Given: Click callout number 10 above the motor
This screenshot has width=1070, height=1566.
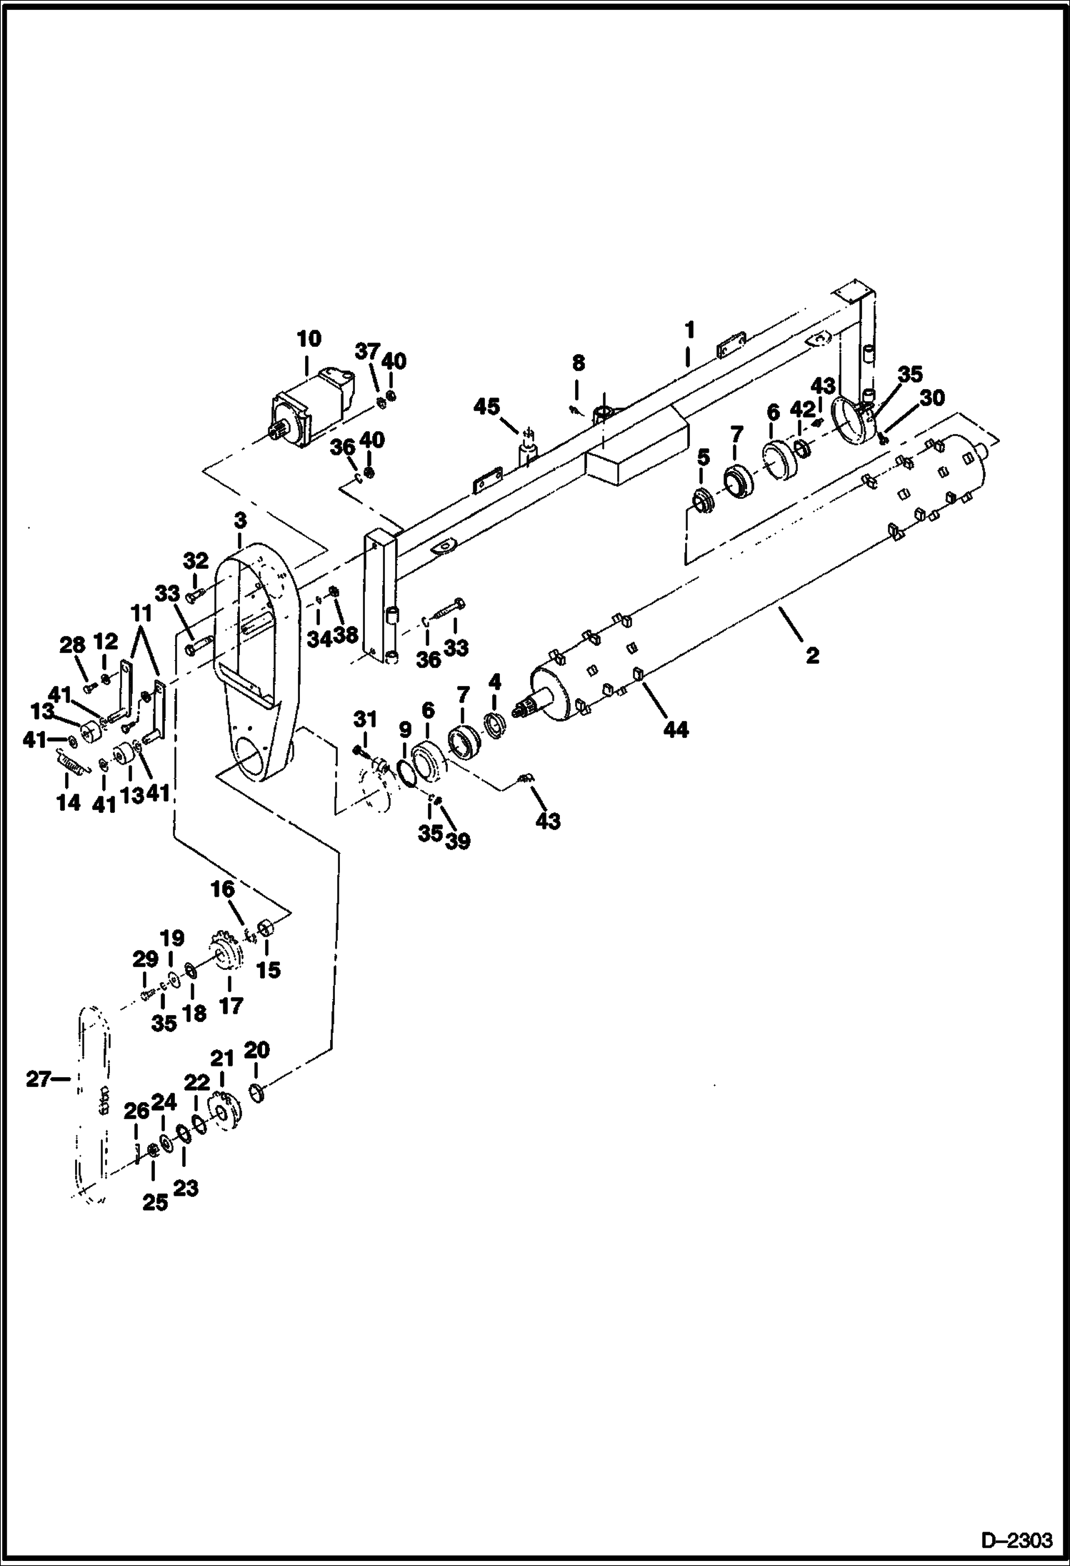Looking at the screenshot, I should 309,338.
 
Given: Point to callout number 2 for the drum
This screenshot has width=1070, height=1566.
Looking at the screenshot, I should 812,655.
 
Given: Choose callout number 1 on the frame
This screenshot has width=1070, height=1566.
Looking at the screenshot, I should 689,330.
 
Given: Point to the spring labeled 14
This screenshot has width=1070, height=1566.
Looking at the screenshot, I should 70,764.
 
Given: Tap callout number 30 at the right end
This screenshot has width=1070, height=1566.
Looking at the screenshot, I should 932,398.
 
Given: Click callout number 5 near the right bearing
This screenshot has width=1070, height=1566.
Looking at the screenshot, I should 704,456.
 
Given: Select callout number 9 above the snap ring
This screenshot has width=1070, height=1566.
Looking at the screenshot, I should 405,729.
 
